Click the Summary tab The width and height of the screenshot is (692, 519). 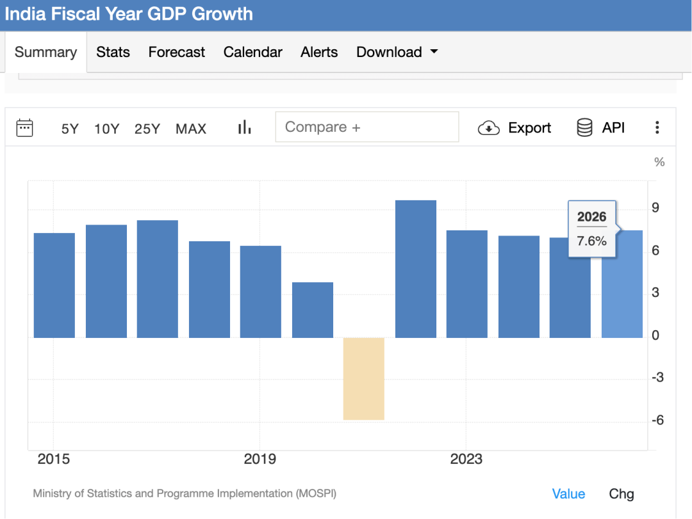tap(45, 52)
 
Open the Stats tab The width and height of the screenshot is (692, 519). tap(113, 52)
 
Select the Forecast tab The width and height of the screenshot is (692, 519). tap(176, 52)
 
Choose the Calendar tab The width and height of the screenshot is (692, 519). tap(252, 52)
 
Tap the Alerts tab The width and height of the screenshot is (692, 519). tap(319, 52)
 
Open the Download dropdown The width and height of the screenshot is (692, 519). tap(397, 52)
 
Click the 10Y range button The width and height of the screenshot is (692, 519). tap(106, 129)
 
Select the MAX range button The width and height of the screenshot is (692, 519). tap(191, 129)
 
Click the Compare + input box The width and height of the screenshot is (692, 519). tap(367, 127)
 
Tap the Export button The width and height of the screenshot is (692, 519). tap(515, 128)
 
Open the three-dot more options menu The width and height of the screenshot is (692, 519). tap(657, 128)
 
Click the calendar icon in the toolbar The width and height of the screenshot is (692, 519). tap(24, 128)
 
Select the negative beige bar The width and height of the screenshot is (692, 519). tap(364, 379)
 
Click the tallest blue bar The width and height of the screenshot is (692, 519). tap(416, 269)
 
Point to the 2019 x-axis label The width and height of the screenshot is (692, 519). tap(259, 459)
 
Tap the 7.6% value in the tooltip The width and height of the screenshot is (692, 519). tap(591, 241)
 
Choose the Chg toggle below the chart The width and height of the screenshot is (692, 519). tap(621, 494)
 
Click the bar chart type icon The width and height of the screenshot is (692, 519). tap(244, 128)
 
